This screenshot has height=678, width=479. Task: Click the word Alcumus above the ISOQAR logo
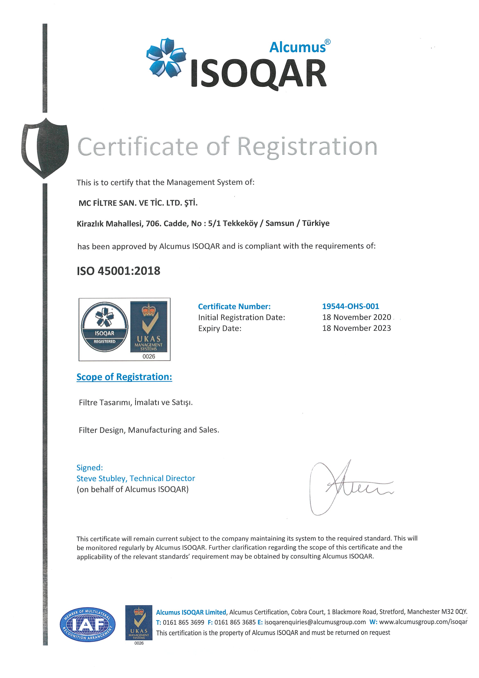(297, 47)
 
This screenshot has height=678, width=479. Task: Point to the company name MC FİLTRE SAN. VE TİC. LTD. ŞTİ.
(138, 203)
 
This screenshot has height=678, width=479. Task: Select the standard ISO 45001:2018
(118, 271)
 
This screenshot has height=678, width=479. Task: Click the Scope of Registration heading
(124, 377)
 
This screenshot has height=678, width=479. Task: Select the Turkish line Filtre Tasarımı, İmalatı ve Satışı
(136, 402)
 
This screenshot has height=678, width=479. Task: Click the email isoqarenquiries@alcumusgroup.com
(315, 622)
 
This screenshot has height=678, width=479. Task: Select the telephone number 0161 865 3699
(183, 622)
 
